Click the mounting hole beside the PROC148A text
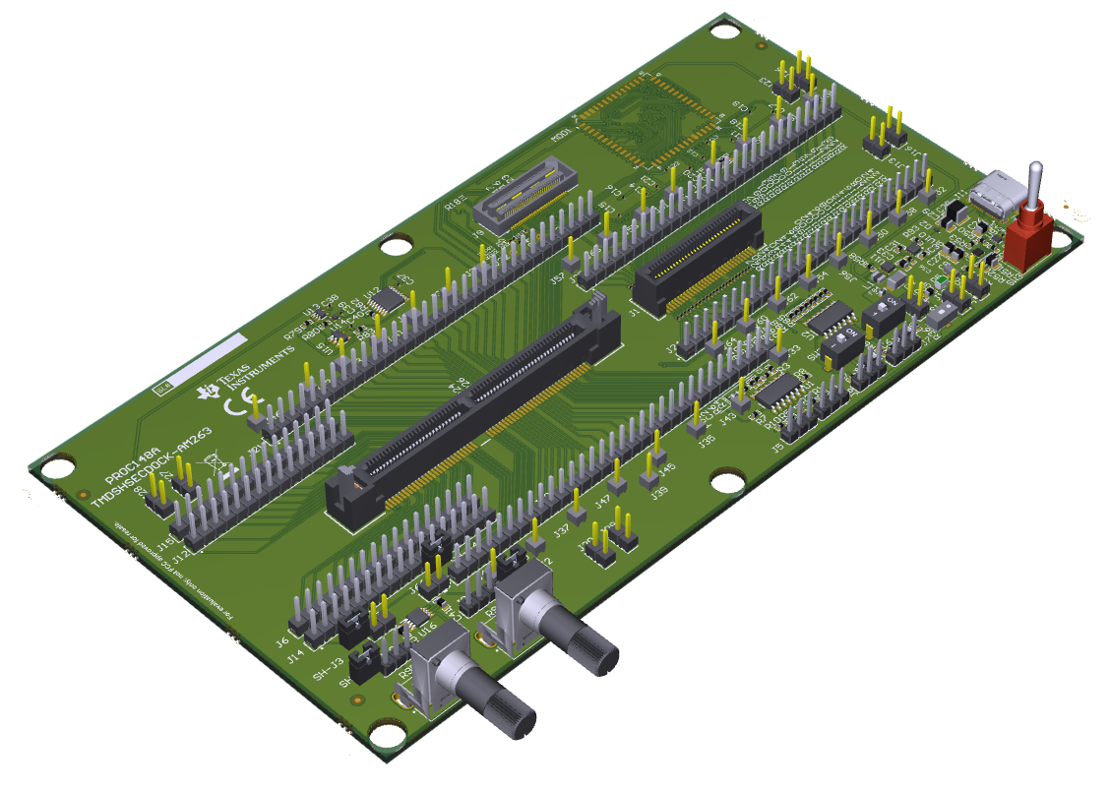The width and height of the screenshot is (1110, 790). point(58,465)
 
